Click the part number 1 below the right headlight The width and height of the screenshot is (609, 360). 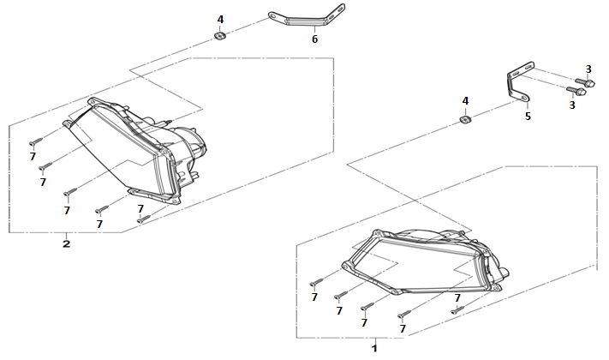click(374, 347)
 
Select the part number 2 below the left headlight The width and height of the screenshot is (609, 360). click(67, 244)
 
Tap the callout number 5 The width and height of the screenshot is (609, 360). click(528, 117)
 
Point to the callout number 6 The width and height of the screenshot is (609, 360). click(314, 39)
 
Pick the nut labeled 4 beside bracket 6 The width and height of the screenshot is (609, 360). click(220, 36)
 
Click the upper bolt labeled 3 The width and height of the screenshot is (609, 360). click(584, 82)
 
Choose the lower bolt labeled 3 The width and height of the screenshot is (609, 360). click(576, 92)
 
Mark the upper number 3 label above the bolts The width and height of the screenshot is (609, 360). click(588, 69)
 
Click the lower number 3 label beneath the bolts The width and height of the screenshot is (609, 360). click(571, 105)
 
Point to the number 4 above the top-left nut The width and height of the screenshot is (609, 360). click(220, 20)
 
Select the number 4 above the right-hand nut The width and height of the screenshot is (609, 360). click(465, 101)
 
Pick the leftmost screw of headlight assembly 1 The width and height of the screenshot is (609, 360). click(316, 282)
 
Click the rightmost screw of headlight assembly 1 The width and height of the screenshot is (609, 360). click(457, 309)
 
